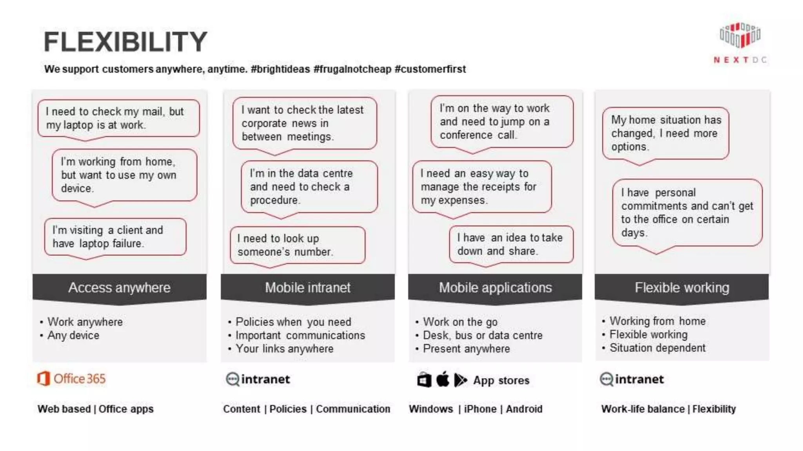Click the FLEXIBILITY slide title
tap(125, 41)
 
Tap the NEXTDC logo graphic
tap(740, 36)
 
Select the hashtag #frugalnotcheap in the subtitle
tap(352, 69)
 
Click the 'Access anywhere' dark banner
tap(119, 288)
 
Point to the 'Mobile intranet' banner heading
tap(307, 288)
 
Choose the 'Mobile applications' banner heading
tap(495, 288)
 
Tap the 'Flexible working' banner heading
tap(682, 288)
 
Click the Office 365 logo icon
tap(43, 379)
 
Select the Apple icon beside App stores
tap(443, 380)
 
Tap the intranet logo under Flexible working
tap(632, 379)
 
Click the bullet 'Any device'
tap(73, 336)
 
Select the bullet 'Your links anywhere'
tap(284, 349)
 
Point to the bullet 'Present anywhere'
tap(466, 349)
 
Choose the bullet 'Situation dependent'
tap(657, 348)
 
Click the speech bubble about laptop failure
tap(115, 237)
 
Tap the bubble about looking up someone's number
tap(298, 245)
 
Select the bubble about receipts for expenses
tap(482, 187)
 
